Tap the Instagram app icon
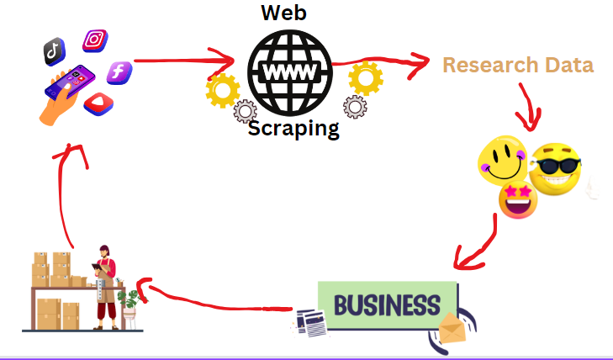click(95, 40)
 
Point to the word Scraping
click(293, 129)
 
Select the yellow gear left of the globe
click(223, 89)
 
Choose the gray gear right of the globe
click(355, 106)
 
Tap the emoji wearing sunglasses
click(555, 167)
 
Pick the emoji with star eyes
click(518, 199)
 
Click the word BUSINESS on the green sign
click(387, 304)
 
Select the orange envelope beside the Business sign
click(452, 331)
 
